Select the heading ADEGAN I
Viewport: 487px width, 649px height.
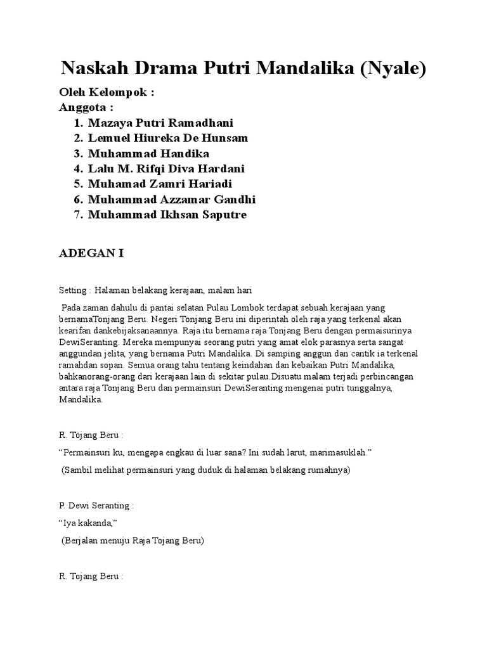click(91, 254)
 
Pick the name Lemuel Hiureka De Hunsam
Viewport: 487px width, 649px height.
click(168, 138)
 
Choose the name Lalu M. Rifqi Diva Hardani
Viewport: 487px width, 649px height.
click(166, 169)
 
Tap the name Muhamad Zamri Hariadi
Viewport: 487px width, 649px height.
click(160, 184)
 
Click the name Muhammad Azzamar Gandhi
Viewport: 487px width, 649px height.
click(172, 200)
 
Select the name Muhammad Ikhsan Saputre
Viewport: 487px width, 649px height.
click(167, 215)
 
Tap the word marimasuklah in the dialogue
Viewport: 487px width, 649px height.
click(337, 453)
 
